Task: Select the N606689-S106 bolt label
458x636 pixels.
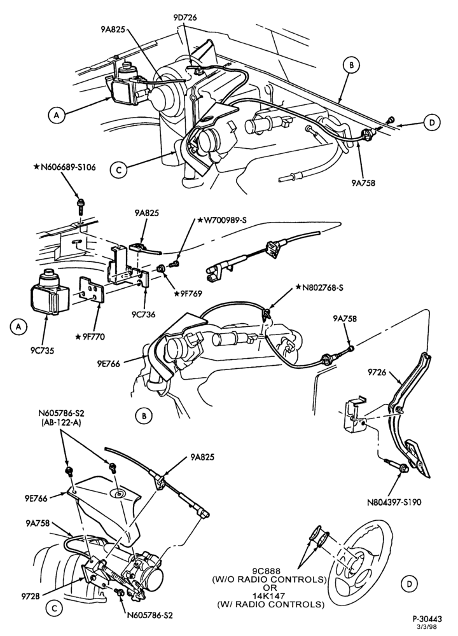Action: click(x=66, y=167)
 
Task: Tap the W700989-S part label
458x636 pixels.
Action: click(x=222, y=220)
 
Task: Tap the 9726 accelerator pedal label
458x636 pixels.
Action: click(x=378, y=371)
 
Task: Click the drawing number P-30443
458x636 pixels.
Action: click(x=427, y=619)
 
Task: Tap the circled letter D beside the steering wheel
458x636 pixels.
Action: click(x=409, y=583)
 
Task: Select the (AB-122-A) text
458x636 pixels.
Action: click(x=61, y=422)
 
